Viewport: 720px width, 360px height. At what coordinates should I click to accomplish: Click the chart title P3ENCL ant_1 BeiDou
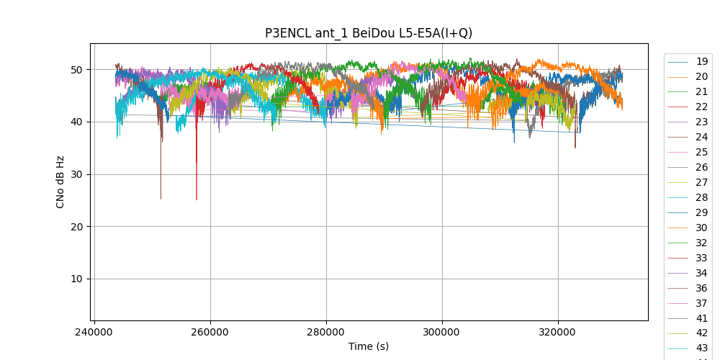[x=369, y=33]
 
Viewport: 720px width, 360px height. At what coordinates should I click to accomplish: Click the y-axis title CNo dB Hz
[x=60, y=182]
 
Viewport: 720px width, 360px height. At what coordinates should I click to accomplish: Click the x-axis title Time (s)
[x=369, y=346]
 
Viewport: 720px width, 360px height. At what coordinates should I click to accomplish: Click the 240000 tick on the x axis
[x=94, y=333]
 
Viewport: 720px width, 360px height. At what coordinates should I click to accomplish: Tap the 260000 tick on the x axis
[x=210, y=333]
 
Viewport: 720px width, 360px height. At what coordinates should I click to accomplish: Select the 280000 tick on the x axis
[x=326, y=333]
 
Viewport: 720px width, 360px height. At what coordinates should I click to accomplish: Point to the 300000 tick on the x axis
[x=442, y=333]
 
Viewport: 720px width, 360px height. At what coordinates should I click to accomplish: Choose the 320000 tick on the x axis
[x=558, y=333]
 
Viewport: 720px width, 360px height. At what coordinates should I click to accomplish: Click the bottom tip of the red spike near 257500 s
[x=197, y=199]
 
